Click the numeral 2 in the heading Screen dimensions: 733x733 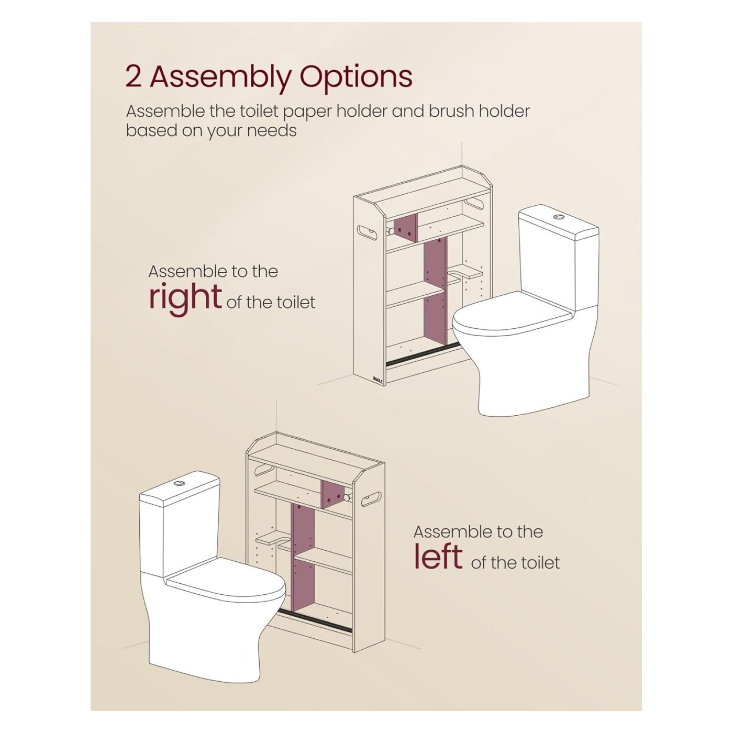pos(134,77)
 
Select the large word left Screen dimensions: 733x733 pos(438,556)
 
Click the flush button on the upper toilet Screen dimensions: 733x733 pos(559,217)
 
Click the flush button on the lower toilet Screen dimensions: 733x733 pos(179,483)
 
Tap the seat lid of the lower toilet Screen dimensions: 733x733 pos(225,583)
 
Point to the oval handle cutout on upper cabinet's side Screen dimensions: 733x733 pos(368,232)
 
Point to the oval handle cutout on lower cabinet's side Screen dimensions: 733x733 pos(370,499)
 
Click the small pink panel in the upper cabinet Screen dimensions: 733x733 pos(405,228)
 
